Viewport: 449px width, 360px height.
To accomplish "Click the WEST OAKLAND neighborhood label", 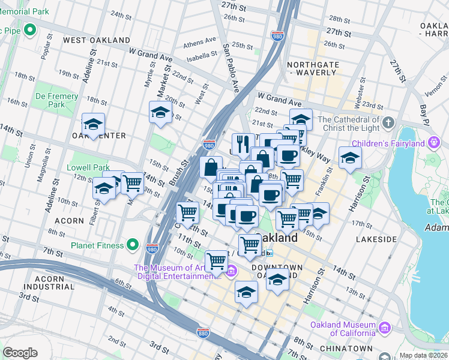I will pyautogui.click(x=97, y=40).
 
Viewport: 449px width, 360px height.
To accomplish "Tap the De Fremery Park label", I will pyautogui.click(x=57, y=100).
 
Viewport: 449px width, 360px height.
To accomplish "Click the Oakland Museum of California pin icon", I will pyautogui.click(x=384, y=328).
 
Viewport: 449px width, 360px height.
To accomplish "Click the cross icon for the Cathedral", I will pyautogui.click(x=388, y=123).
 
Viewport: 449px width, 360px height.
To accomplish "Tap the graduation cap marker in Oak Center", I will pyautogui.click(x=93, y=124).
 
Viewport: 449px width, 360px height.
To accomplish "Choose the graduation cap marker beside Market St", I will pyautogui.click(x=161, y=112).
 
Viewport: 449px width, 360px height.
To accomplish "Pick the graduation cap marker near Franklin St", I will pyautogui.click(x=350, y=158).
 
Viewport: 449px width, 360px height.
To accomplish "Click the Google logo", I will pyautogui.click(x=20, y=353).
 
